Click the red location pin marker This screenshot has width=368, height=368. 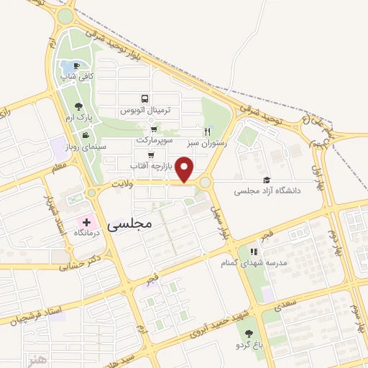[x=185, y=170]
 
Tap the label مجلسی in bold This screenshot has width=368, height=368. [x=130, y=224]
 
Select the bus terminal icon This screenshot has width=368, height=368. [x=146, y=98]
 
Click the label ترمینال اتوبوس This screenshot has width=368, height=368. [x=146, y=111]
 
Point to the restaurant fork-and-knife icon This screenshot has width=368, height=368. [x=208, y=131]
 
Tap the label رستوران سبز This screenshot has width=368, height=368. [x=207, y=142]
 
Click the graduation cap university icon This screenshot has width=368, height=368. [x=267, y=180]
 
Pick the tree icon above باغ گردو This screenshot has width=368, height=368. [x=249, y=333]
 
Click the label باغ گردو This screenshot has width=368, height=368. [x=249, y=346]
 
